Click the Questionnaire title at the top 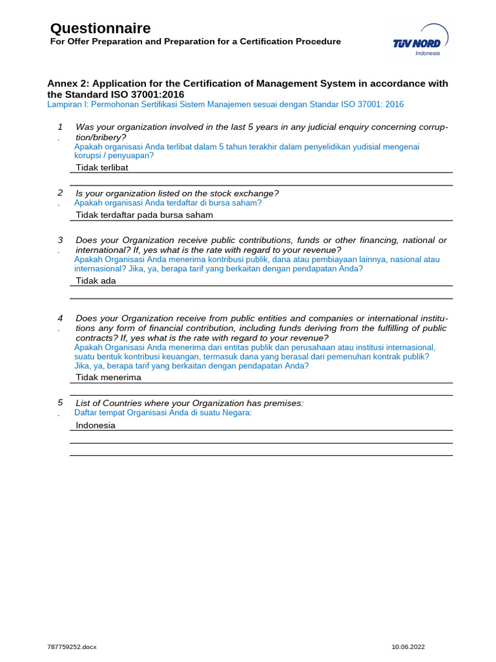[100, 28]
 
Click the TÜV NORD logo [420, 39]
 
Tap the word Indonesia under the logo [427, 54]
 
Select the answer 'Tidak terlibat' [102, 167]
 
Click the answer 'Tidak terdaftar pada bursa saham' [144, 215]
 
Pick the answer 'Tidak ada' [96, 281]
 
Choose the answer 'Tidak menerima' [108, 378]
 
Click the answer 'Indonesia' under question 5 [96, 425]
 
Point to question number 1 [60, 127]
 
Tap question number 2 [60, 193]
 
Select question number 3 [60, 240]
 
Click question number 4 [60, 318]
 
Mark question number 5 [60, 403]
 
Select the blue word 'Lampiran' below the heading [63, 104]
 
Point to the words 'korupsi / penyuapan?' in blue [114, 156]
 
